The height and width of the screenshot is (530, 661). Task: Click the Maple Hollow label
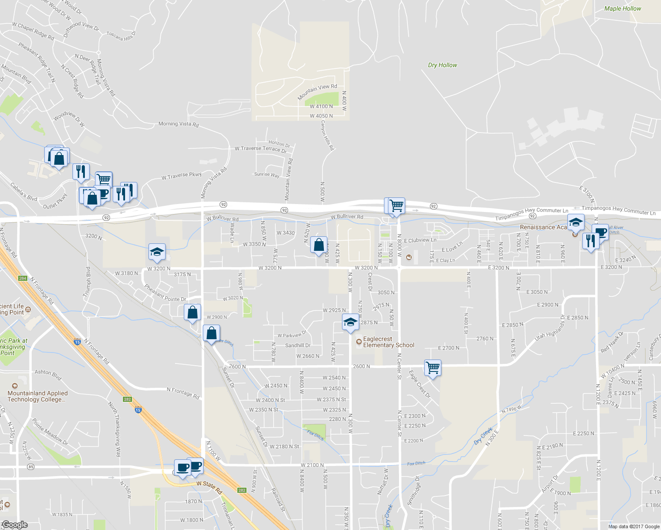tap(623, 8)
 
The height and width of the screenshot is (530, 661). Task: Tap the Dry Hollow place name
tap(442, 65)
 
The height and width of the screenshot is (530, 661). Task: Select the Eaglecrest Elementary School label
tap(388, 342)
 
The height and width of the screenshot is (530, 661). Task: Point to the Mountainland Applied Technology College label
tap(38, 396)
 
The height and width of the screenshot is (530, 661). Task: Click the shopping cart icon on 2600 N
tap(433, 367)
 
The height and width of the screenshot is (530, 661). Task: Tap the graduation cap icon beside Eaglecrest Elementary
tap(350, 322)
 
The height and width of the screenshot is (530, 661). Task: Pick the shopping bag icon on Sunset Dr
tap(212, 333)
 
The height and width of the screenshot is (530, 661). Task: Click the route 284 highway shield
tap(23, 278)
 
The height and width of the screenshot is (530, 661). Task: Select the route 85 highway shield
tap(30, 467)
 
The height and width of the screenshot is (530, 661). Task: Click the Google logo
tap(15, 525)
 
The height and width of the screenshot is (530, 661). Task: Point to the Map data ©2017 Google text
tap(634, 526)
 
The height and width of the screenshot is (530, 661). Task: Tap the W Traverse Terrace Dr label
tap(261, 149)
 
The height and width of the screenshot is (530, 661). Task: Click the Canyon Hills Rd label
tap(327, 135)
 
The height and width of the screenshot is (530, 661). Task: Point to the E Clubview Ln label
tap(420, 240)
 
